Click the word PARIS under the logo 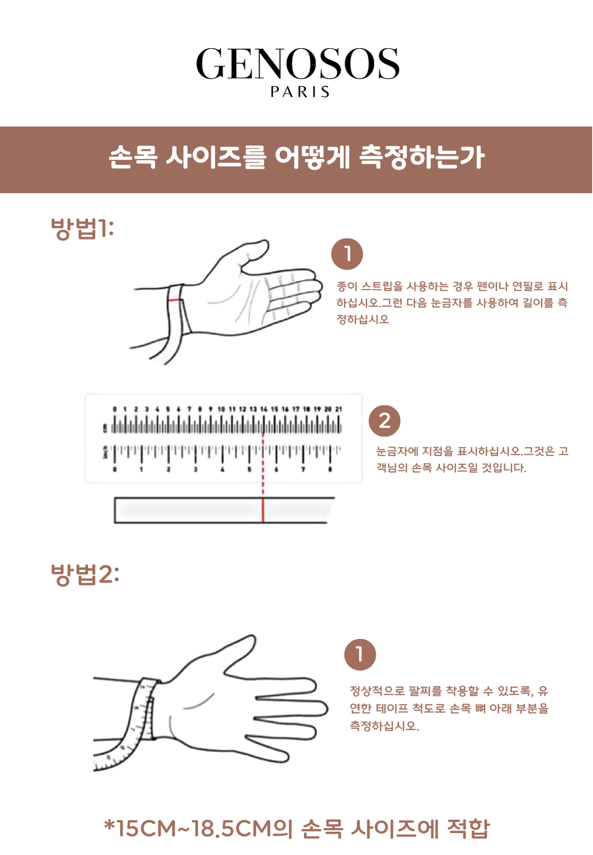tap(300, 92)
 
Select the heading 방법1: tap(82, 228)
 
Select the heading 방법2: tap(85, 575)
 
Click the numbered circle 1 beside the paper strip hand tap(347, 254)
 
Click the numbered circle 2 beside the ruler tap(384, 421)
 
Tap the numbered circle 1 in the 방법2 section tap(360, 654)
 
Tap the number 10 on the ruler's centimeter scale tap(221, 409)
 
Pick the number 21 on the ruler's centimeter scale tap(338, 409)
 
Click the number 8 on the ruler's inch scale tap(331, 469)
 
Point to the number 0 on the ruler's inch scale tap(115, 469)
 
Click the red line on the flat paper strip tap(263, 510)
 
